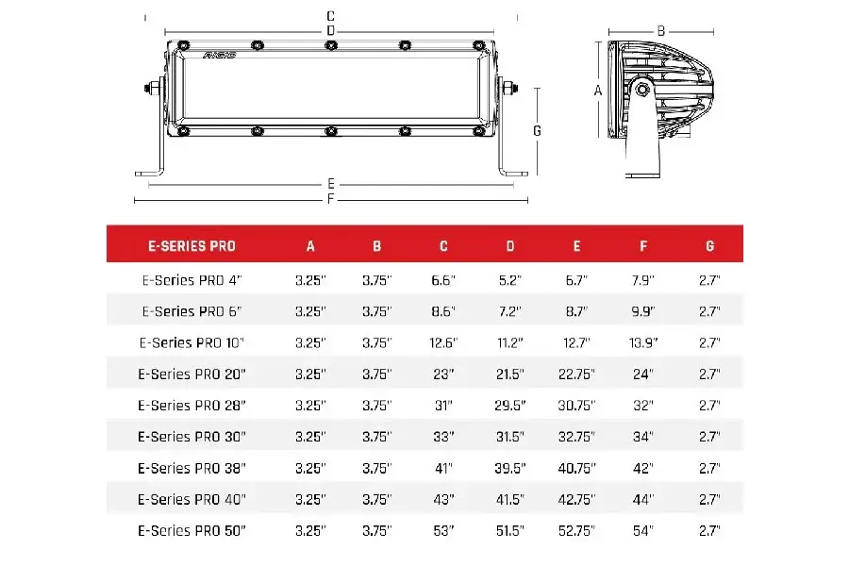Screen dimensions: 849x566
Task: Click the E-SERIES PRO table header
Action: pyautogui.click(x=191, y=246)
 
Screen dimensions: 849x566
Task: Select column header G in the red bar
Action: pyautogui.click(x=709, y=246)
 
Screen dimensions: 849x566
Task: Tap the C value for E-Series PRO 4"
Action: pyautogui.click(x=443, y=280)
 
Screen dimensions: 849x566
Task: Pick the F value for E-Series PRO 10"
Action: pyautogui.click(x=643, y=342)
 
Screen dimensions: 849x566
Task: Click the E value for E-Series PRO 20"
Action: pyautogui.click(x=576, y=375)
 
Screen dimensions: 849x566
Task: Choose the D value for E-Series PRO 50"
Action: pyautogui.click(x=510, y=531)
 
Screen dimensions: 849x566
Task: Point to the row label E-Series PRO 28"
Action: pyautogui.click(x=191, y=406)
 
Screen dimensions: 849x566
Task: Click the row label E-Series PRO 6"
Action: pyautogui.click(x=191, y=312)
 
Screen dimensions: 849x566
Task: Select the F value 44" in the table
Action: pyautogui.click(x=643, y=499)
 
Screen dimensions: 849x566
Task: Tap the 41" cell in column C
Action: pyautogui.click(x=443, y=468)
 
